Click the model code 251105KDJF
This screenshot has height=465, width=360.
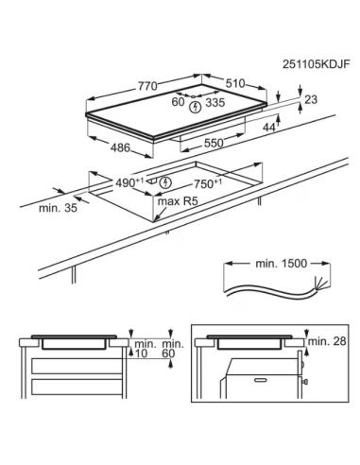pyautogui.click(x=316, y=64)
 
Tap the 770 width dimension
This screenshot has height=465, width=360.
pyautogui.click(x=147, y=86)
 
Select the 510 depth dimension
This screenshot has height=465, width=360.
pyautogui.click(x=235, y=83)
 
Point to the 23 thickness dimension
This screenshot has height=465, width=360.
pyautogui.click(x=311, y=99)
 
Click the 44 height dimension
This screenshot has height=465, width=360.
pyautogui.click(x=269, y=128)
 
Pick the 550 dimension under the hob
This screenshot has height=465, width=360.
pyautogui.click(x=214, y=143)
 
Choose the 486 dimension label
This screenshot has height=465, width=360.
pyautogui.click(x=120, y=147)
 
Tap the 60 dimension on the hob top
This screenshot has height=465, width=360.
pyautogui.click(x=178, y=102)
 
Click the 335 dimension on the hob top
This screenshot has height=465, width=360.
pyautogui.click(x=215, y=102)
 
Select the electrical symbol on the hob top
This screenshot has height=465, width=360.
pyautogui.click(x=196, y=107)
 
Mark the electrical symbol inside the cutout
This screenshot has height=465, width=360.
pyautogui.click(x=165, y=182)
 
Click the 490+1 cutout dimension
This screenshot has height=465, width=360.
pyautogui.click(x=129, y=182)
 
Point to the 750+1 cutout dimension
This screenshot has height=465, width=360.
pyautogui.click(x=208, y=183)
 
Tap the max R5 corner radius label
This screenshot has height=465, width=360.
pyautogui.click(x=178, y=201)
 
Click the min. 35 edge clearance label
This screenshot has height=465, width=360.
pyautogui.click(x=58, y=208)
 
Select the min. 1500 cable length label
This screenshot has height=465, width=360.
pyautogui.click(x=281, y=264)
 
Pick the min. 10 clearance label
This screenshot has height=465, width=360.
pyautogui.click(x=142, y=349)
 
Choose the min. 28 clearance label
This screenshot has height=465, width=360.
pyautogui.click(x=327, y=341)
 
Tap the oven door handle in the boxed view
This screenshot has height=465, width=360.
pyautogui.click(x=261, y=380)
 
